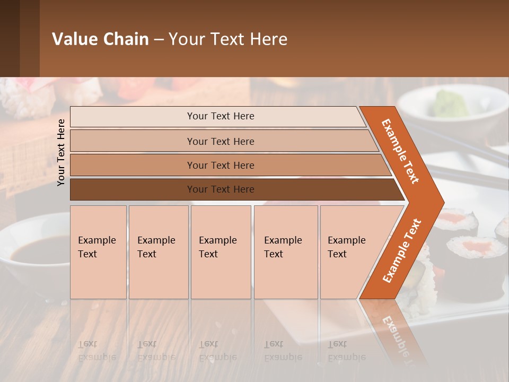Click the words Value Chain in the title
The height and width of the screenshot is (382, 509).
pos(100,39)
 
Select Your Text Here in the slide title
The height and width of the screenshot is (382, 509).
pos(228,39)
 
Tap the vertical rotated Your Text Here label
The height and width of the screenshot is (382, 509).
pos(62,152)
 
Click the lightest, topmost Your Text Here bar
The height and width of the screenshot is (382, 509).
pos(220,116)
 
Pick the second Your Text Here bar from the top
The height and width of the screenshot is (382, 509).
pos(220,141)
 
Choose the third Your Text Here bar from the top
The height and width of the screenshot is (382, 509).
pos(220,165)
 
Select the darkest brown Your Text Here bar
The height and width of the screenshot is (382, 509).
pos(220,189)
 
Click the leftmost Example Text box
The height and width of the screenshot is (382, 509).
pos(98,252)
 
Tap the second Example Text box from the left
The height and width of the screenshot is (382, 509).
pos(159,252)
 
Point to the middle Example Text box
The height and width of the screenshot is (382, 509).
pos(221,252)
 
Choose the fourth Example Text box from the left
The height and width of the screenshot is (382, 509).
pos(286,252)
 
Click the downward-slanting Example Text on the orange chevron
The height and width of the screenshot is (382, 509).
pos(400,151)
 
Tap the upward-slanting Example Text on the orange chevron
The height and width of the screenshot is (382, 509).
pos(401,250)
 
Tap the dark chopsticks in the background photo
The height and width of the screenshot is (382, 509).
pos(467,175)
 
